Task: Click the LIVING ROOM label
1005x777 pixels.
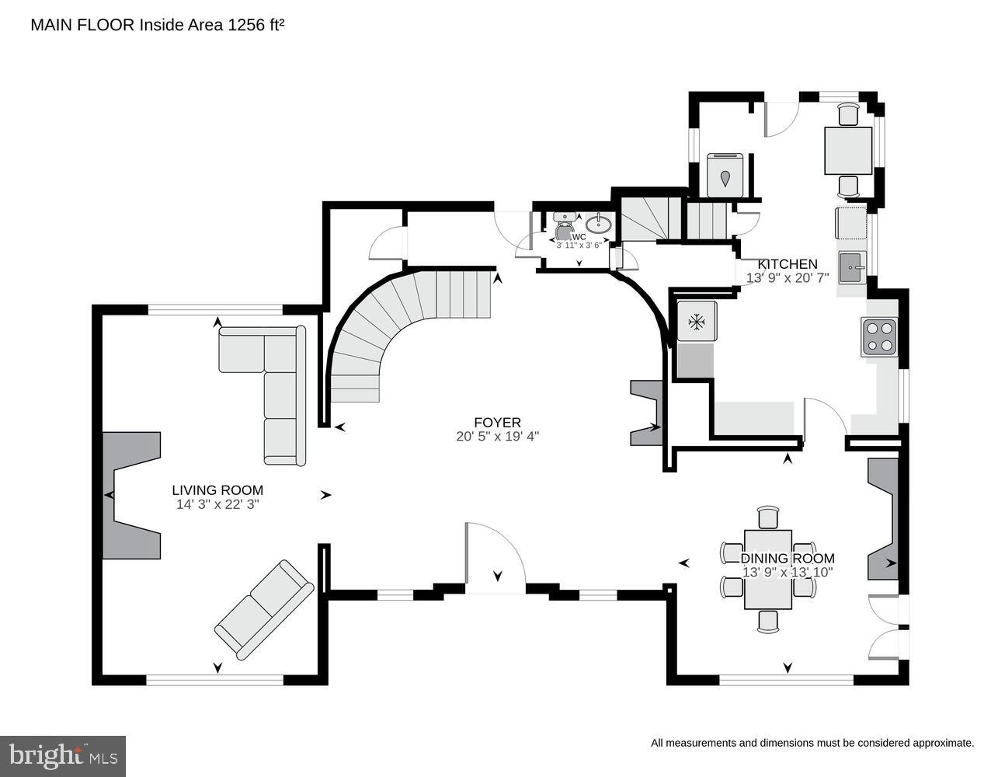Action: tap(217, 490)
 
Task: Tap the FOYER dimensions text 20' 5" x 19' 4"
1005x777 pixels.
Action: tap(497, 437)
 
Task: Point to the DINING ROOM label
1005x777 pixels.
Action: tap(787, 558)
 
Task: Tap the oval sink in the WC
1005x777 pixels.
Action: tap(598, 225)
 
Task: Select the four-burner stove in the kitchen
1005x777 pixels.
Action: tap(879, 337)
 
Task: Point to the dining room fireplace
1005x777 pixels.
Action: tap(884, 518)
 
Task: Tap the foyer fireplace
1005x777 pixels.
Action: tap(646, 413)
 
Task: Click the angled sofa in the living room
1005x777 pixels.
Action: tap(264, 610)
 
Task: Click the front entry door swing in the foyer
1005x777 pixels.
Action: tap(495, 559)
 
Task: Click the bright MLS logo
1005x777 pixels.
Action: tap(63, 755)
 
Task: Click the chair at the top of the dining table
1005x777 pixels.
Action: tap(767, 517)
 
